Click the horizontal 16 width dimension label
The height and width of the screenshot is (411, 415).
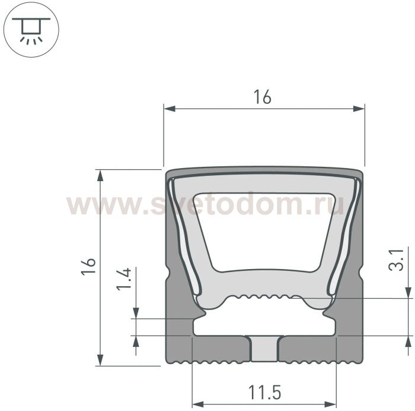262,97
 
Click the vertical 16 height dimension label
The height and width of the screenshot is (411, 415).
89,267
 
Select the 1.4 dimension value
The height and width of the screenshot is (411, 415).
124,279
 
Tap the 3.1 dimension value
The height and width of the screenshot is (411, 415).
396,260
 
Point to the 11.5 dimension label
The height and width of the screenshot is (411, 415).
264,393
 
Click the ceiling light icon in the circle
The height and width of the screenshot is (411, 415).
31,30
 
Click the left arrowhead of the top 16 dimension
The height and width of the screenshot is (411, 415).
170,109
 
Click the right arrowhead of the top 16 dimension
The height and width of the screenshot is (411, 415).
359,109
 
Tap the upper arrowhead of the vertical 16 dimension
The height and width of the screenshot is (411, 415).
100,176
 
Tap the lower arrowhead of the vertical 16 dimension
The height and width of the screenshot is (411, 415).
100,360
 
